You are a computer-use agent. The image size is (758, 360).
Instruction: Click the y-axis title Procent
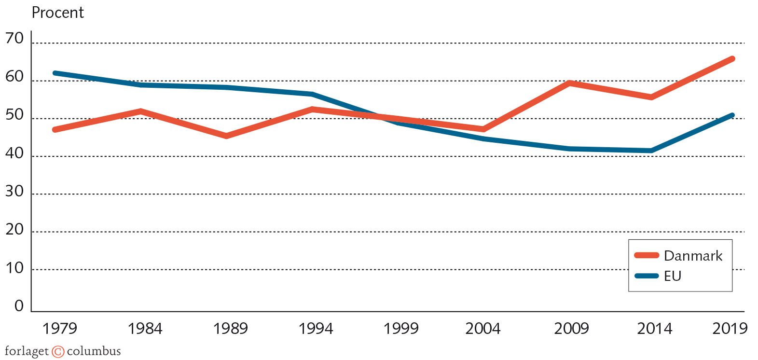click(57, 13)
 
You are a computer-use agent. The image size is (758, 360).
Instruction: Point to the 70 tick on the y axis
click(14, 39)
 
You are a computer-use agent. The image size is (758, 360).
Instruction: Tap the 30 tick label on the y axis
click(14, 192)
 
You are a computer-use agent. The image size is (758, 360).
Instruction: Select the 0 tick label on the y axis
click(19, 306)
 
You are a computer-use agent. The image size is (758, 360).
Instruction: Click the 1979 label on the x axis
click(60, 329)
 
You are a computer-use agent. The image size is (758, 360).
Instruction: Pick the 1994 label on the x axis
click(316, 329)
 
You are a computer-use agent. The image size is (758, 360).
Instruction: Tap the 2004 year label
click(483, 329)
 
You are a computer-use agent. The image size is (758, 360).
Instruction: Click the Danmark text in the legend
click(693, 256)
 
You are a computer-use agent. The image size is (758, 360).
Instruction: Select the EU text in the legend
click(673, 276)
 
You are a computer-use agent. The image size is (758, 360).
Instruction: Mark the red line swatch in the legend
click(647, 256)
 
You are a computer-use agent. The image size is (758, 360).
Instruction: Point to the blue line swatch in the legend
click(647, 276)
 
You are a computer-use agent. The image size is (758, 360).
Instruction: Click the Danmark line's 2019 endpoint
click(732, 59)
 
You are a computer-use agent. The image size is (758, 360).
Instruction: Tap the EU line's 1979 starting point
click(55, 73)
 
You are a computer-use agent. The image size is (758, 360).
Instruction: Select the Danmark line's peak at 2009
click(570, 83)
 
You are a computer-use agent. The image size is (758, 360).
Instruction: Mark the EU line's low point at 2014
click(651, 151)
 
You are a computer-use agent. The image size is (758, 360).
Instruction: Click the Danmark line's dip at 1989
click(226, 136)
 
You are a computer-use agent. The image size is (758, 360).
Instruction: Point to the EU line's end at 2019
click(732, 115)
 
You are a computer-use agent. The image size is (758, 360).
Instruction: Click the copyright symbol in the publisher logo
click(58, 352)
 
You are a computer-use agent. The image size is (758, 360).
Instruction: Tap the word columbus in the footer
click(94, 351)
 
